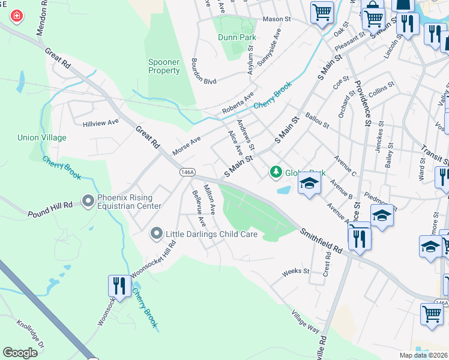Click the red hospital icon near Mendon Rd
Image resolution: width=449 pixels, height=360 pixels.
pyautogui.click(x=16, y=16)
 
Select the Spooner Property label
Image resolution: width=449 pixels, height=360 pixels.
pyautogui.click(x=164, y=66)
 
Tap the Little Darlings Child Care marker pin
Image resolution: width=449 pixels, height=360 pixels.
pyautogui.click(x=157, y=233)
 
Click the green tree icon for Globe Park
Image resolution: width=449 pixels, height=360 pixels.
pyautogui.click(x=276, y=173)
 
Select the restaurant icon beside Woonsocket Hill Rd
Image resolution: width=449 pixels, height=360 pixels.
pyautogui.click(x=118, y=286)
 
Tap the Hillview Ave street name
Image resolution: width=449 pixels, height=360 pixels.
pyautogui.click(x=100, y=122)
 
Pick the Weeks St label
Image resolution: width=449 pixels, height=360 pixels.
pyautogui.click(x=295, y=272)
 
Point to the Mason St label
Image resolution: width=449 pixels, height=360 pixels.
pyautogui.click(x=276, y=19)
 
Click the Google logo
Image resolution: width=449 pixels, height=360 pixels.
pyautogui.click(x=20, y=352)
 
